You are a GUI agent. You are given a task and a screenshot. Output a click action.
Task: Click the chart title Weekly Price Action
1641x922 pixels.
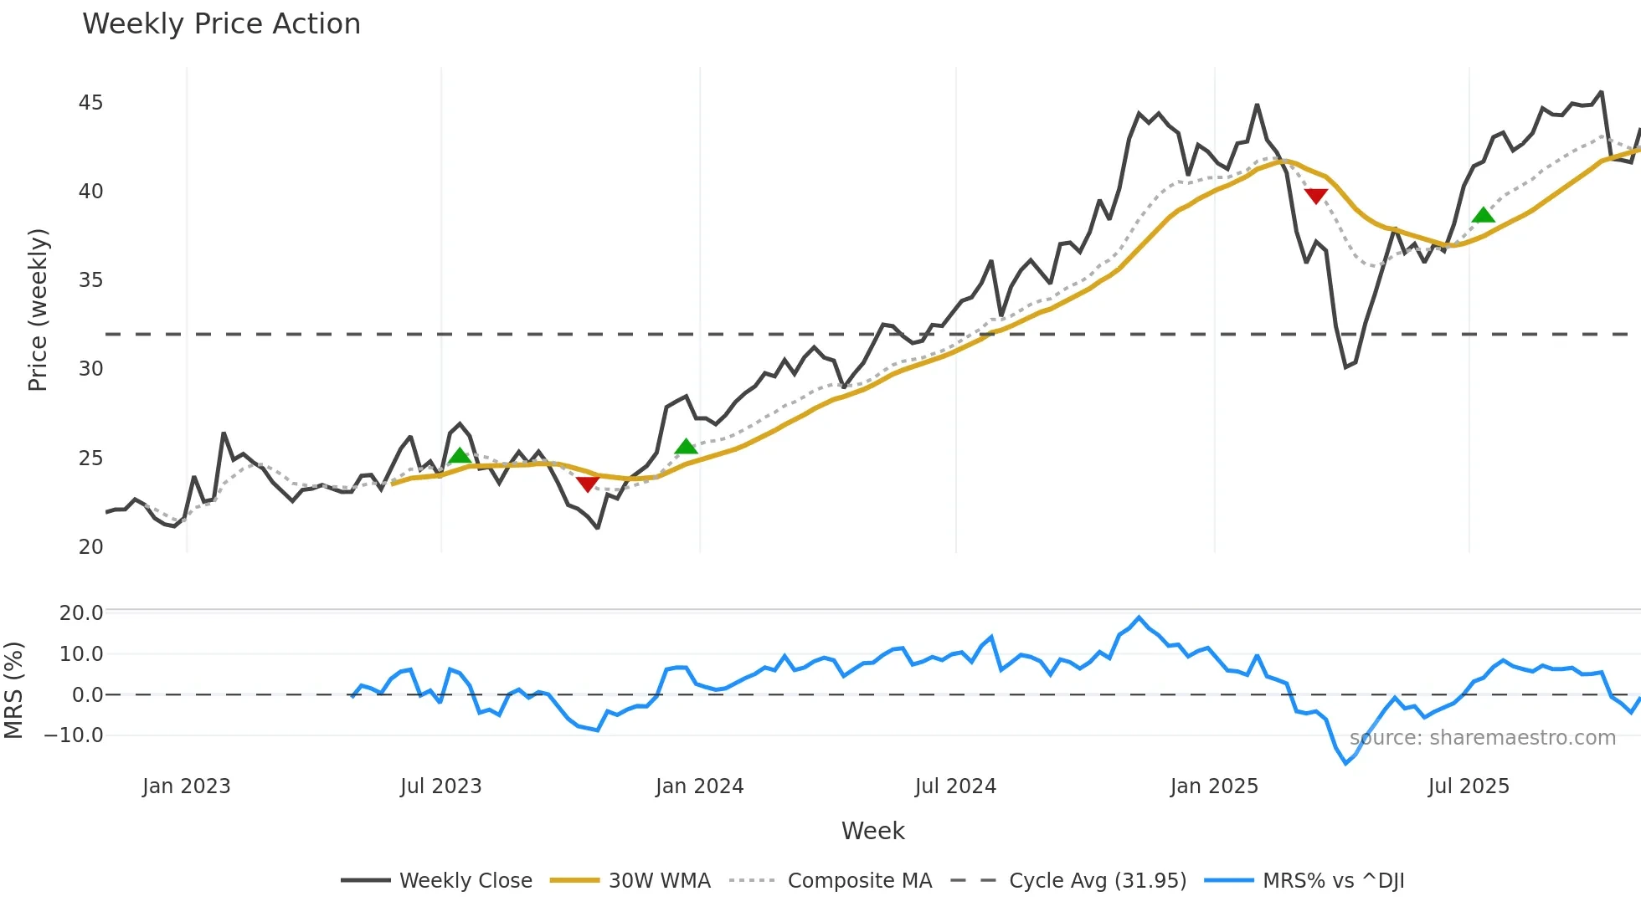point(221,24)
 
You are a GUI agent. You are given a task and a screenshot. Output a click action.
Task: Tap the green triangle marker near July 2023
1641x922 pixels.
point(460,456)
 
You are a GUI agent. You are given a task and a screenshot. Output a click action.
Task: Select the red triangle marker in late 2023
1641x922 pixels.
point(588,484)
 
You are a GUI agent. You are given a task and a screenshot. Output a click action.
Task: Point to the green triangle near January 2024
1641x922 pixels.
point(686,447)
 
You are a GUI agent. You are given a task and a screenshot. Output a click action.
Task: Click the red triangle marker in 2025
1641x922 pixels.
point(1316,196)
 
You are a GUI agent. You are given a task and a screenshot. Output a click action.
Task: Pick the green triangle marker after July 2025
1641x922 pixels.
point(1483,216)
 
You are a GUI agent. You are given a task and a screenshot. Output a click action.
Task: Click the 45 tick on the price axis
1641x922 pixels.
point(90,103)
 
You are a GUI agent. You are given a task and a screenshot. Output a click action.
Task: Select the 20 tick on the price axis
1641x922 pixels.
point(90,547)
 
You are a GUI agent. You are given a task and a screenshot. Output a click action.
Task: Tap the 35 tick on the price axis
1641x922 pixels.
point(90,280)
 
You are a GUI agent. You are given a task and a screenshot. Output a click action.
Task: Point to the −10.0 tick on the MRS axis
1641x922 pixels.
point(74,735)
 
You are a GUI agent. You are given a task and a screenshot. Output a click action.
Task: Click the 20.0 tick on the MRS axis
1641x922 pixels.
point(80,612)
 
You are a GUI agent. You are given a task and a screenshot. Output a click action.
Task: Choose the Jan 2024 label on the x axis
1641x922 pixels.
point(699,786)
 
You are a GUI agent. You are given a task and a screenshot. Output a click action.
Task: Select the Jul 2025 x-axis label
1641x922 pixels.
point(1469,786)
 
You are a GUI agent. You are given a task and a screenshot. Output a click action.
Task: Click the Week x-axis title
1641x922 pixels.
point(872,831)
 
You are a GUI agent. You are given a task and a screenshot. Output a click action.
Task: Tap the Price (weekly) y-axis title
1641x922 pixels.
point(39,310)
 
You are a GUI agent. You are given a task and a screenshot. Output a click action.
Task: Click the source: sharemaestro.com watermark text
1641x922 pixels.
point(1482,738)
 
